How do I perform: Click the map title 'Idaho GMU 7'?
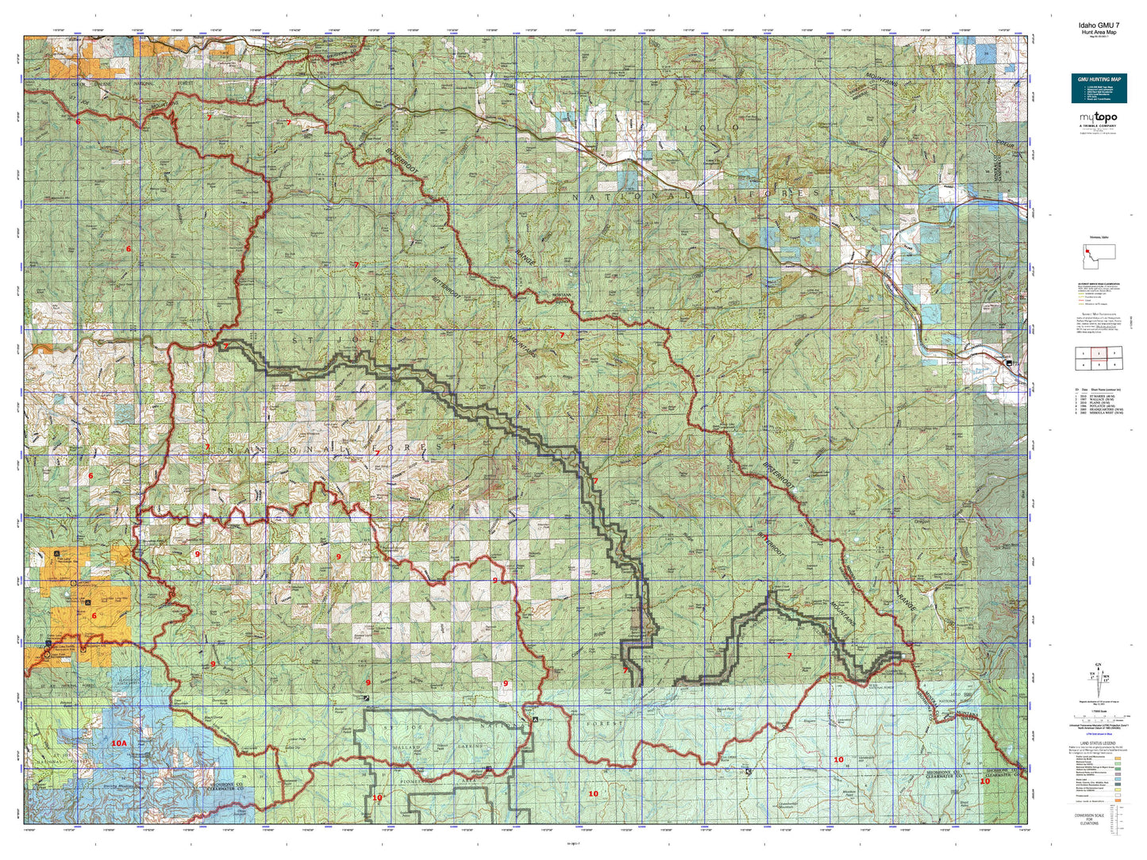[1099, 25]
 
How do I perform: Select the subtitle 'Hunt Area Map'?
[1099, 33]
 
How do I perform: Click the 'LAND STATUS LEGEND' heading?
[1099, 744]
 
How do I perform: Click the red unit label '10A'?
[118, 743]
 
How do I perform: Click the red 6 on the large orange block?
[94, 616]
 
